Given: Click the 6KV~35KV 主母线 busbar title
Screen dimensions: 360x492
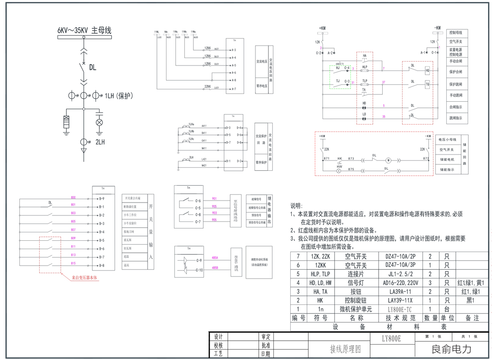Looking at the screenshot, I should (x=84, y=31).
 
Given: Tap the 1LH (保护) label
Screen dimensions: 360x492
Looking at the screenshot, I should (x=118, y=96).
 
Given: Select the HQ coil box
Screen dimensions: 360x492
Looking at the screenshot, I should (x=427, y=71).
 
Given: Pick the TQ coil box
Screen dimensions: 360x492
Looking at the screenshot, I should (x=427, y=85).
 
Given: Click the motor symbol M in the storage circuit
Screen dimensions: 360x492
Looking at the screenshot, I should (x=389, y=160).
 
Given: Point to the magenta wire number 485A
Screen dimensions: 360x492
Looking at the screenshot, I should (x=215, y=258).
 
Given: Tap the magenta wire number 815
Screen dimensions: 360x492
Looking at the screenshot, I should (x=74, y=264).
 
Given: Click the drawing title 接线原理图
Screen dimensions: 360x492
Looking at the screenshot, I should (x=345, y=349).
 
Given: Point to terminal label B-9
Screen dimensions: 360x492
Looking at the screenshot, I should (x=101, y=199).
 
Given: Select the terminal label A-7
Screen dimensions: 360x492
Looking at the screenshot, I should (x=233, y=89).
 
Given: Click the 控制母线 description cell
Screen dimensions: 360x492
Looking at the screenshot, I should (x=456, y=32).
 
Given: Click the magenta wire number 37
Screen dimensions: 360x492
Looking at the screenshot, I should (x=383, y=82).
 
